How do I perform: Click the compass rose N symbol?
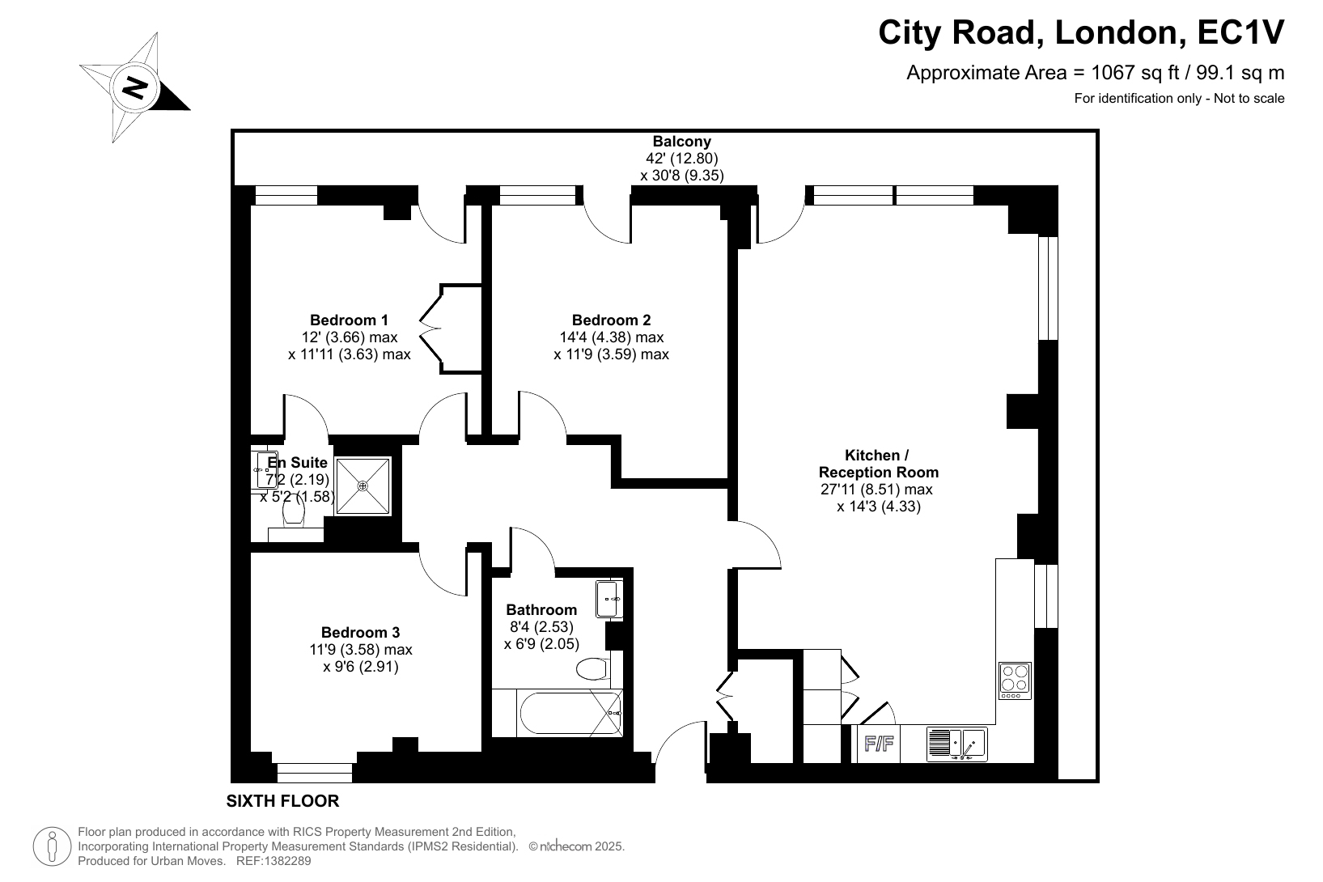tap(134, 88)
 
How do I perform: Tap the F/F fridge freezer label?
tap(879, 744)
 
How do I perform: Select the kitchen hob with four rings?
tap(1015, 681)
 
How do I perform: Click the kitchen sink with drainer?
tap(956, 744)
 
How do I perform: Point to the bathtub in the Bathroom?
tap(570, 713)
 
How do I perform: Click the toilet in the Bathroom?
tap(592, 669)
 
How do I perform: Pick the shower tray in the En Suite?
tap(363, 486)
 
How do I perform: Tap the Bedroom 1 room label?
tap(349, 320)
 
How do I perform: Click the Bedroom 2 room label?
tap(611, 320)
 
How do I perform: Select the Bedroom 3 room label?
tap(360, 633)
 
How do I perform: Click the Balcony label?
tap(681, 141)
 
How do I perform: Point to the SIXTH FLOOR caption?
tap(283, 801)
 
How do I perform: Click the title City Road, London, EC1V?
tap(1081, 32)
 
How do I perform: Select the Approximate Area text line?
tap(1096, 73)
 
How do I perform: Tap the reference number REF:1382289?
tap(274, 861)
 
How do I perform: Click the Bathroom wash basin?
tap(609, 599)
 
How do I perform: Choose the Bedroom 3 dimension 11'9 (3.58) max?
tap(361, 650)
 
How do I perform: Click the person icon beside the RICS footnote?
tap(53, 846)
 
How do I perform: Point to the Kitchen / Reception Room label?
tap(878, 464)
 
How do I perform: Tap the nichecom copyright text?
tap(576, 846)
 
